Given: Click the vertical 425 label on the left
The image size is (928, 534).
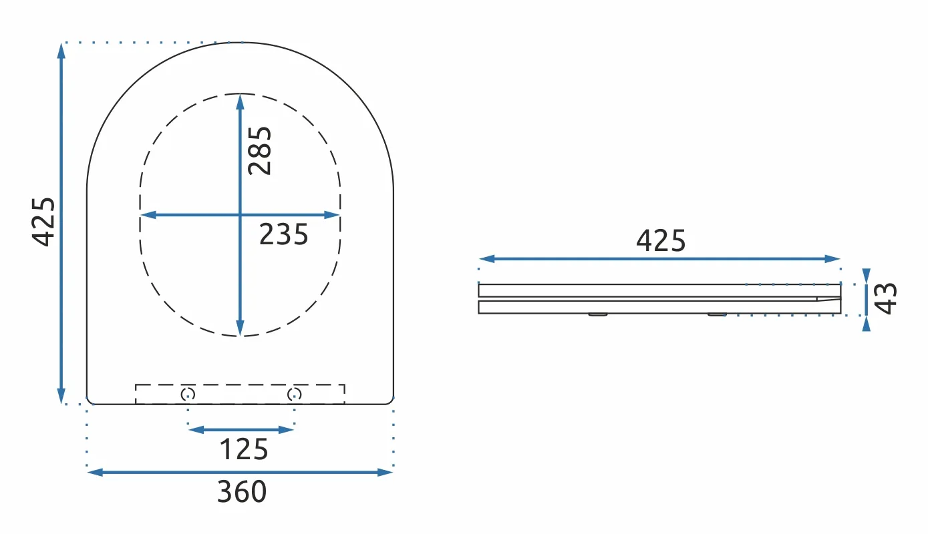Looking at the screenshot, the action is pyautogui.click(x=43, y=222).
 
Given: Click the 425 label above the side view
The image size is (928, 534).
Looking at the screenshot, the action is pyautogui.click(x=661, y=240).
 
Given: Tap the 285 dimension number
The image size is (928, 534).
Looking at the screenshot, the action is pyautogui.click(x=259, y=151).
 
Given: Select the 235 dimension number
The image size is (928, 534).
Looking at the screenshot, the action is pyautogui.click(x=284, y=234).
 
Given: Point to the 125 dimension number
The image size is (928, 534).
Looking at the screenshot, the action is pyautogui.click(x=244, y=449).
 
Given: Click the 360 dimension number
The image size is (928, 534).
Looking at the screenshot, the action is pyautogui.click(x=242, y=491).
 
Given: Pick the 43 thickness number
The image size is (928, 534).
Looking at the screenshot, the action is pyautogui.click(x=885, y=299).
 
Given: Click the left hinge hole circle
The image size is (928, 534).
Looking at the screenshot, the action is pyautogui.click(x=188, y=394).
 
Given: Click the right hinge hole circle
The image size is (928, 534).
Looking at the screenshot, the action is pyautogui.click(x=295, y=394).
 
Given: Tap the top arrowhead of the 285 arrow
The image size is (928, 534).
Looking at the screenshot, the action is pyautogui.click(x=240, y=102).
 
